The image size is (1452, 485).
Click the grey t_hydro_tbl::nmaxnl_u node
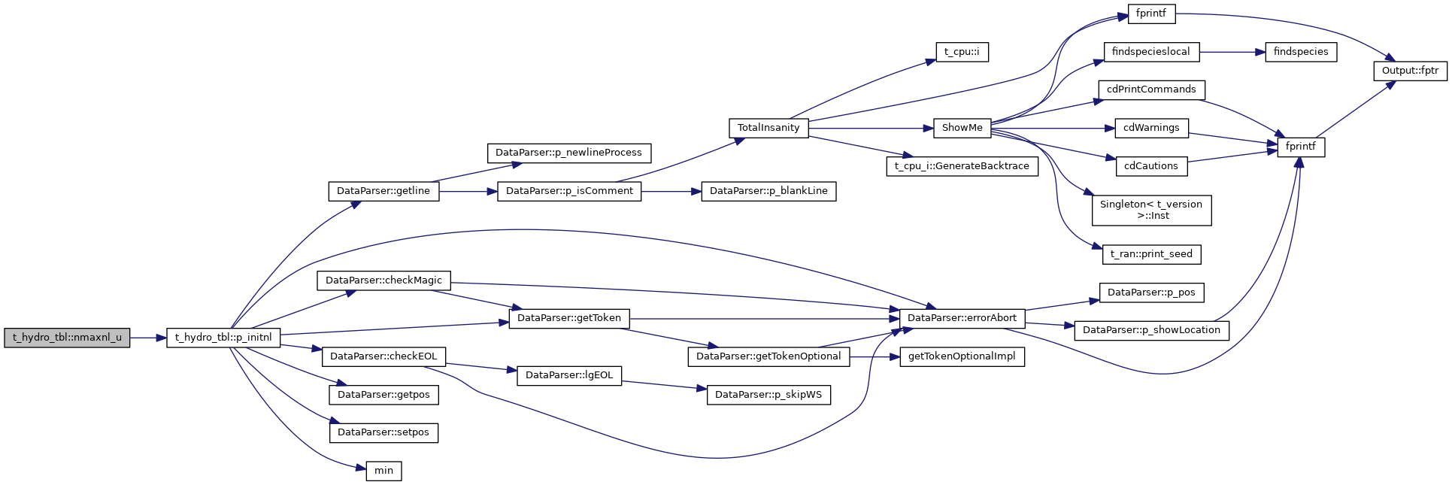67,338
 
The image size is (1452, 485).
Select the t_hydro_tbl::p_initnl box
223,338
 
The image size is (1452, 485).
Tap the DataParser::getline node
383,191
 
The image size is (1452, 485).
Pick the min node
383,471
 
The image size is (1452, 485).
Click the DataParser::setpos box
383,432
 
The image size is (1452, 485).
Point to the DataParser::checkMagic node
383,280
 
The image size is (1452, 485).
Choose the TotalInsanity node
768,128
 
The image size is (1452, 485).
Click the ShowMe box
962,128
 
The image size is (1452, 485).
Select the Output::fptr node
1409,71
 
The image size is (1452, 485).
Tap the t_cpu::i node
962,52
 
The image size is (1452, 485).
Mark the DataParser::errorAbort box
962,318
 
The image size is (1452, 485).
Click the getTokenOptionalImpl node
962,356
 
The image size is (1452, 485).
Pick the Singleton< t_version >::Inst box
1151,210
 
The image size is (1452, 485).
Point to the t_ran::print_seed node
1151,254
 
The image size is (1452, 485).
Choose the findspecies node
1301,52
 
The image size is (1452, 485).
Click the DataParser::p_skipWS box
768,395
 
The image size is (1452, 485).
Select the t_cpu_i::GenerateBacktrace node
962,166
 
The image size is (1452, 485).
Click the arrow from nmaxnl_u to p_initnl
148,338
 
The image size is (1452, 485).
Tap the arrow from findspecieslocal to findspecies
1232,52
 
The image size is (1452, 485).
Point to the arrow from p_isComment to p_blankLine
671,191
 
